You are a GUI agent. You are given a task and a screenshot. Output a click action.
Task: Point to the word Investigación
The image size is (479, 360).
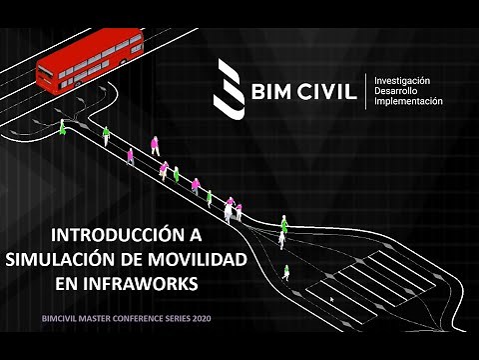402,79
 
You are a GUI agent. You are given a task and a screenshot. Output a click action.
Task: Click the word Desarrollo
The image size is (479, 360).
396,90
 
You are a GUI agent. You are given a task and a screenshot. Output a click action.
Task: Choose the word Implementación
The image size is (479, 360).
407,101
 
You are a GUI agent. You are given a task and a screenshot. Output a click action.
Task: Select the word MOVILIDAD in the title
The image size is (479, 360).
196,260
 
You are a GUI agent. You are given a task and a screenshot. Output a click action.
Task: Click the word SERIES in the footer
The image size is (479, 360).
174,320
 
